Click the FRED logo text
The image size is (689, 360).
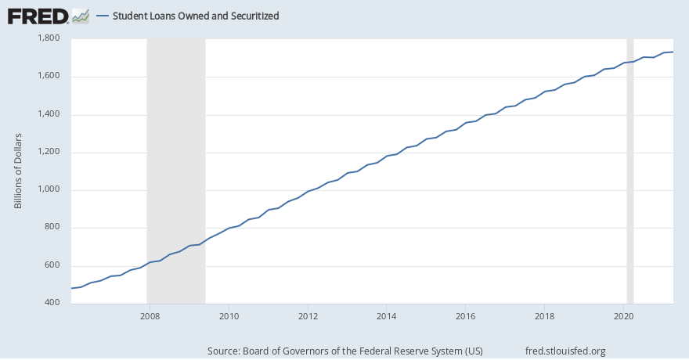37,16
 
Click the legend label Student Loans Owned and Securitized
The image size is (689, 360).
196,16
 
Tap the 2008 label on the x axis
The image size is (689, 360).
150,316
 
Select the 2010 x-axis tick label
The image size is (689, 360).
229,316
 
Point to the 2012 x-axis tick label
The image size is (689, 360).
308,316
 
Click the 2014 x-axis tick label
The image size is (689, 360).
387,316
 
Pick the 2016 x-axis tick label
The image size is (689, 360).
466,316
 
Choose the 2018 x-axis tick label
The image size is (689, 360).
545,316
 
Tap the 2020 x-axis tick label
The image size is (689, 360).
624,316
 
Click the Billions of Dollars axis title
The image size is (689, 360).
18,171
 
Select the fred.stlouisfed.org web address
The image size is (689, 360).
565,351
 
